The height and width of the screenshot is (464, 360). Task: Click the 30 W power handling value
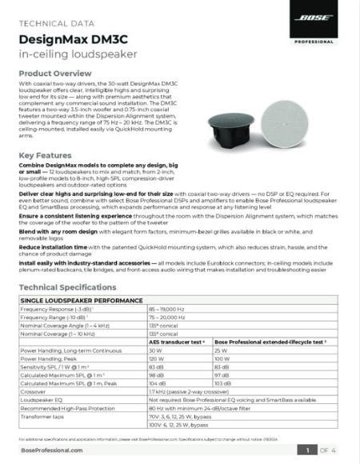[156, 349]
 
